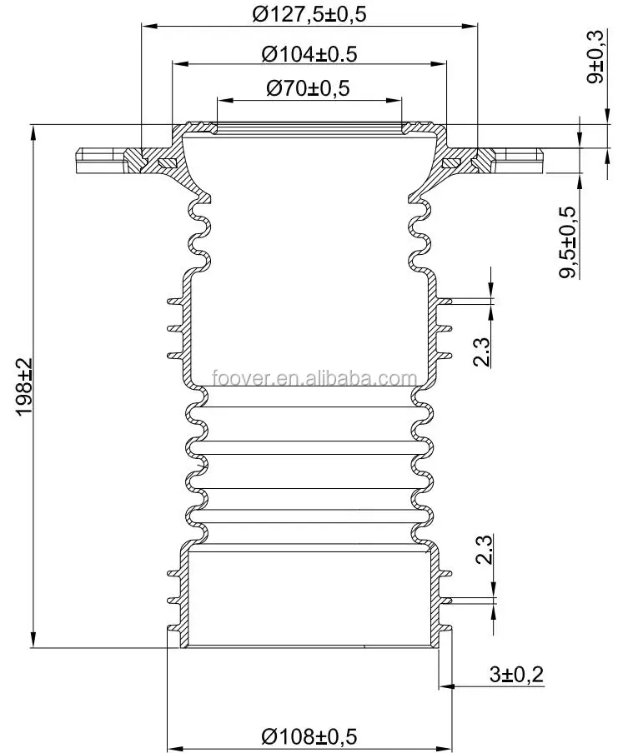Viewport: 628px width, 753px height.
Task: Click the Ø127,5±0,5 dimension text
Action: (x=309, y=13)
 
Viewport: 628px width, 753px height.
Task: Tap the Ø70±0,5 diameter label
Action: (x=309, y=87)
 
